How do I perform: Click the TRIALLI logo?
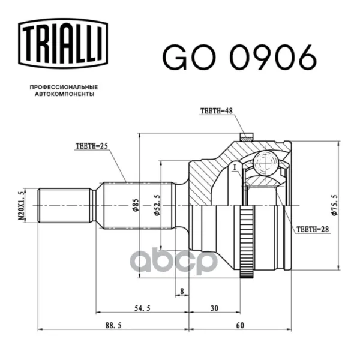63,44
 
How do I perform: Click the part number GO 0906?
239,58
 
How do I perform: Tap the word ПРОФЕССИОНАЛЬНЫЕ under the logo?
64,87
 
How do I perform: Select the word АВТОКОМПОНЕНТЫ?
65,94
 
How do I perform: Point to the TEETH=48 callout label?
217,111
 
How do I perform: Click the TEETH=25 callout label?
92,146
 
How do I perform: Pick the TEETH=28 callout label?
313,229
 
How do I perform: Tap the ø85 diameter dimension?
136,205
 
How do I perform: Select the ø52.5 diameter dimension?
157,205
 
